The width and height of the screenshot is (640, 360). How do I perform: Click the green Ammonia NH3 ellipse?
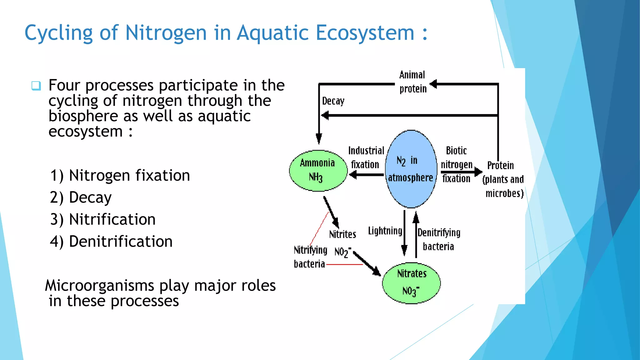point(318,171)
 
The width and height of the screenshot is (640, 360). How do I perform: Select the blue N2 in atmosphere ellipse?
point(411,169)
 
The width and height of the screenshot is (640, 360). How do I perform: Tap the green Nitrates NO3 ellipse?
point(411,283)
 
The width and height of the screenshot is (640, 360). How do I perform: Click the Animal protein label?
point(412,82)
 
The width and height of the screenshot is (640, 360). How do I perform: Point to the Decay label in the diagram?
point(333,101)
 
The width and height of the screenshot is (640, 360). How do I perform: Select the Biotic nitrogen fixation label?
point(456,164)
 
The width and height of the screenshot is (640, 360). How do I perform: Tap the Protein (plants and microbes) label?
point(503,179)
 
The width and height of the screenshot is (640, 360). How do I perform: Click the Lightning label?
point(385,231)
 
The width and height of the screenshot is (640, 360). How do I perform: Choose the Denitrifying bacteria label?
point(439,239)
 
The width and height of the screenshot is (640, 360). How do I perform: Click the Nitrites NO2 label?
point(342,243)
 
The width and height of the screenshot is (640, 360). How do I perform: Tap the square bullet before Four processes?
point(36,86)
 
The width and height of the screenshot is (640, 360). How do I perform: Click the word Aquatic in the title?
point(272,32)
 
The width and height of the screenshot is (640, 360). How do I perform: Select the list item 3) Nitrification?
point(103,219)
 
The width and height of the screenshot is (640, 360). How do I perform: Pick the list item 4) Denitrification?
point(111,242)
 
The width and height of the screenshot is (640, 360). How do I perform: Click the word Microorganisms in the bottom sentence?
point(100,286)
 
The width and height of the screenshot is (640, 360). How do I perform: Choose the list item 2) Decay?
point(81,197)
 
